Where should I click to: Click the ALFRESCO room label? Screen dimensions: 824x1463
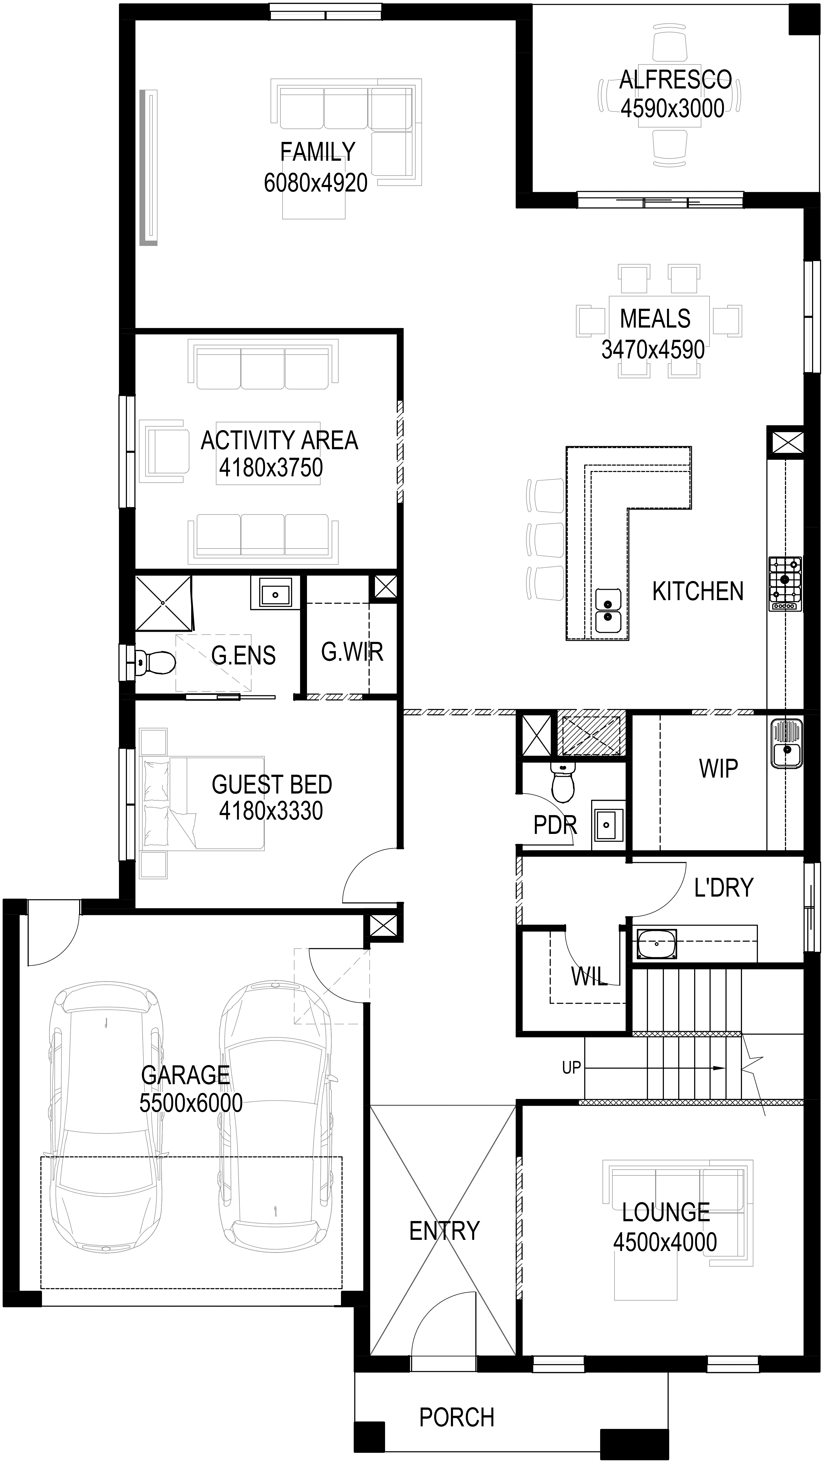point(675,80)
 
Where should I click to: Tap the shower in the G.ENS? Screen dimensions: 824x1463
point(164,603)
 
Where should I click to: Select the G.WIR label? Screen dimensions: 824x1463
point(352,652)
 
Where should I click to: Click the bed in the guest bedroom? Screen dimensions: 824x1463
point(202,803)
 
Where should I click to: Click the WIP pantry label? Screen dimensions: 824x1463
point(718,768)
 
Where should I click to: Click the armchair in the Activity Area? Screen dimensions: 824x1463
point(165,452)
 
